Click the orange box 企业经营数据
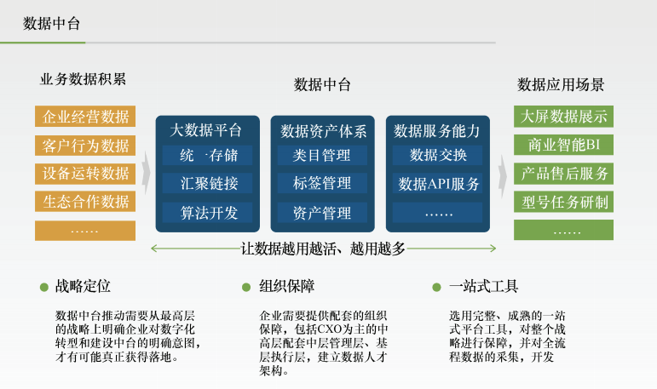85,117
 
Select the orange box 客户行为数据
85,146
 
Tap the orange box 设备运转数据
85,174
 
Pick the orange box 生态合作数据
85,202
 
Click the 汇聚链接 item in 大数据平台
207,183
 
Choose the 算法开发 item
207,213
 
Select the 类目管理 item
322,156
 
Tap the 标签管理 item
322,183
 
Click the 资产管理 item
322,213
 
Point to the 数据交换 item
437,156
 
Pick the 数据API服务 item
437,183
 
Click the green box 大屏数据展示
563,117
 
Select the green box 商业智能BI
563,145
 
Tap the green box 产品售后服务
563,174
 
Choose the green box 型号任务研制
563,202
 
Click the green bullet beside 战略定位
44,287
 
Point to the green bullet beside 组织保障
246,287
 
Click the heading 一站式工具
483,286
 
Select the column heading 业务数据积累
83,79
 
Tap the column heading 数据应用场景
561,84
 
